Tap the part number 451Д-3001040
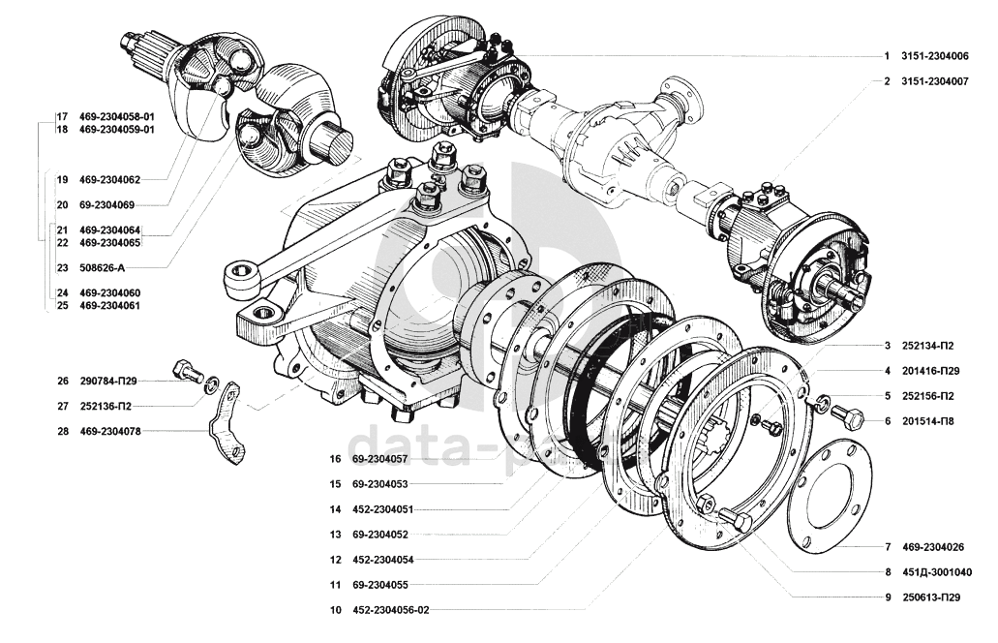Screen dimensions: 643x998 coord(934,572)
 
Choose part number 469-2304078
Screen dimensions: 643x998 coord(110,431)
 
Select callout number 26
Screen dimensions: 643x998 coord(63,381)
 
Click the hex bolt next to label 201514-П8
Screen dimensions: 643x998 coord(848,417)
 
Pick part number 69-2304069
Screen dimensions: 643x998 coord(106,204)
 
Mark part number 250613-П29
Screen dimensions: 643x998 coord(934,597)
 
